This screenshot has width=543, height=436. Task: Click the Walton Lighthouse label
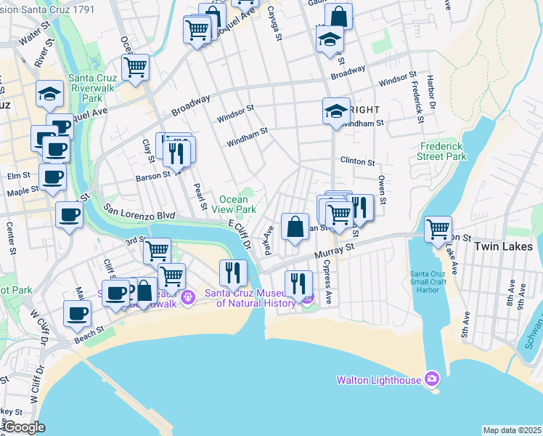click(379, 379)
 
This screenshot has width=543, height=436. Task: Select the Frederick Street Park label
click(441, 151)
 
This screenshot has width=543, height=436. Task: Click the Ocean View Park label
click(238, 204)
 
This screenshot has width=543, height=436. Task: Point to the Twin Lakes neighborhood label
click(504, 246)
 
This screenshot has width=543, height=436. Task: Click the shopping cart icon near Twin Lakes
click(438, 229)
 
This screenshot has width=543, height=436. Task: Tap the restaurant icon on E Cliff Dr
click(232, 272)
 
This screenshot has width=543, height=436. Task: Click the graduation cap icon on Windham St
click(336, 111)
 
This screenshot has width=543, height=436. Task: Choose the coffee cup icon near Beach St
click(77, 314)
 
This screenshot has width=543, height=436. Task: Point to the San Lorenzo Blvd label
click(140, 211)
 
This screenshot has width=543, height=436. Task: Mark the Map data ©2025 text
click(511, 430)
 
